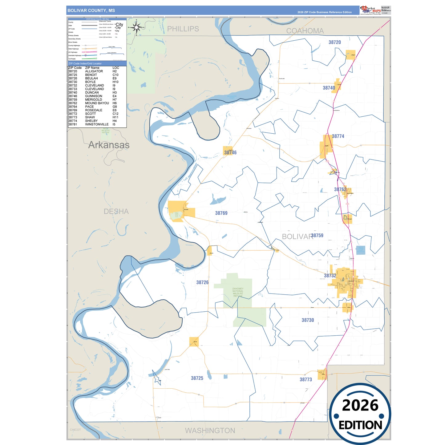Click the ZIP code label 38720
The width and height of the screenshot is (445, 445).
point(334,42)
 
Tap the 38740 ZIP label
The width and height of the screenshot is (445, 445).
point(329,88)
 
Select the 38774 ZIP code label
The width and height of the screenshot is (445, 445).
point(338,136)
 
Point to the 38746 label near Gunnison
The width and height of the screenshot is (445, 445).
point(230,153)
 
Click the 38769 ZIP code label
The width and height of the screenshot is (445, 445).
point(221,213)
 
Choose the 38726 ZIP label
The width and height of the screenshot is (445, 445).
point(202,282)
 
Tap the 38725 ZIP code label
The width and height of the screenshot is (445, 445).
point(197,378)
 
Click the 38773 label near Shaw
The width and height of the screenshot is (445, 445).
point(305,380)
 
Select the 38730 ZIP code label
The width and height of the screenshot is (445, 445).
point(308,320)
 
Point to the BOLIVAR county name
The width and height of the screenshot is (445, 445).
point(297,237)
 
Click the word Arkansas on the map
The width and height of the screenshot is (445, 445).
point(109,145)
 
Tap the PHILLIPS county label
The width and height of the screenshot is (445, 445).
point(183,29)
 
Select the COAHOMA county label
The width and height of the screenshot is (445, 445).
point(305,31)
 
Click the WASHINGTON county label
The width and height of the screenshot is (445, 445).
point(210,431)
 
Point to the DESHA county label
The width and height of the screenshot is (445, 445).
point(116,212)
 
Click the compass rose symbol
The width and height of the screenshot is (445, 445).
point(136,28)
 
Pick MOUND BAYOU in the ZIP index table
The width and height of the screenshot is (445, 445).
point(97,103)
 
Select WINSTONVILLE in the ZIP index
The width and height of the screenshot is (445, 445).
point(97,124)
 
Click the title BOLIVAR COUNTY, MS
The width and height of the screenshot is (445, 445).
point(91,10)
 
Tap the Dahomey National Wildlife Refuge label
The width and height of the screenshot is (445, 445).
point(238,292)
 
